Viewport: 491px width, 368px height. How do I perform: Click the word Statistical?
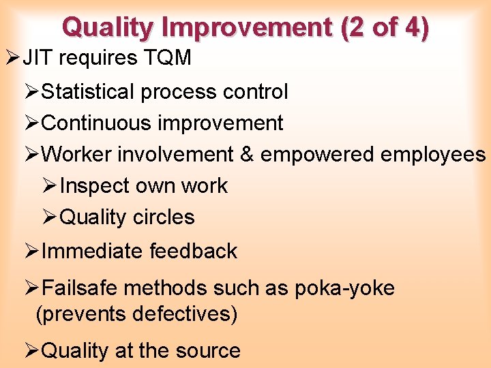pyautogui.click(x=91, y=91)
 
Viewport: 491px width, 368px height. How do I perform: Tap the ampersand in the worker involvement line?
pyautogui.click(x=246, y=155)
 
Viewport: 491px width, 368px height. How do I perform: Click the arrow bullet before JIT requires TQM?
pyautogui.click(x=11, y=59)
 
